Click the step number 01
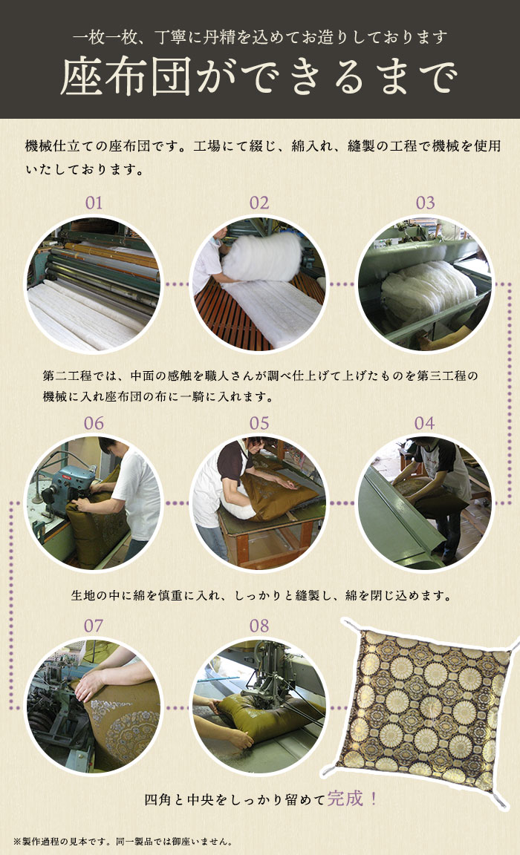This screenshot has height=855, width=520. click(94, 203)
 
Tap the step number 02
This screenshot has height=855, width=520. click(259, 203)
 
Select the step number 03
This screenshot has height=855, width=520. click(425, 203)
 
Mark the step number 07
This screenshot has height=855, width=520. click(94, 626)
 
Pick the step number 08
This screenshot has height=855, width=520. click(259, 626)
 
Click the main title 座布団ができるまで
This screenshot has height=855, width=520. click(259, 77)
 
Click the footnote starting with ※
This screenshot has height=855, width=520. click(123, 842)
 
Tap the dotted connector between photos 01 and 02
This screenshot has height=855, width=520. click(176, 284)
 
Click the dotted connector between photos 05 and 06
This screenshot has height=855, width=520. click(176, 503)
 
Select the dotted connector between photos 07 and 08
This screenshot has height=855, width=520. click(176, 707)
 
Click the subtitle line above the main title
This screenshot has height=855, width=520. click(259, 35)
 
